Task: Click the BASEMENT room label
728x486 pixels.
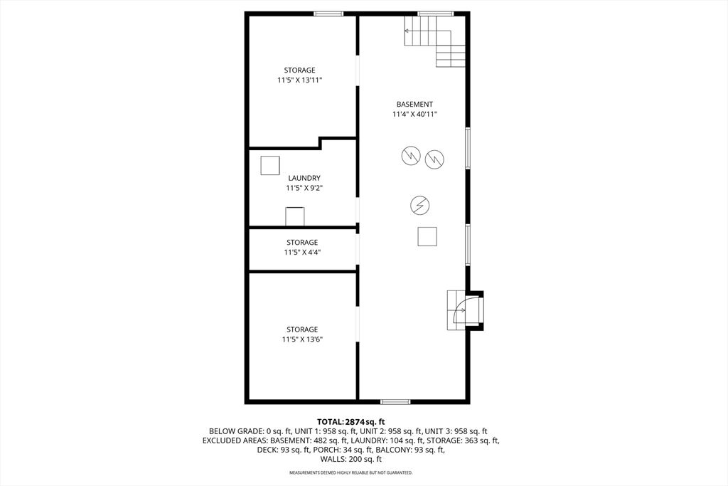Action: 414,105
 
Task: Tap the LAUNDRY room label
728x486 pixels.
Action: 304,178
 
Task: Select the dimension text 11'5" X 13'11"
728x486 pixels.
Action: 299,80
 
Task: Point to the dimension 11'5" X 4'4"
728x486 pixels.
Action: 301,253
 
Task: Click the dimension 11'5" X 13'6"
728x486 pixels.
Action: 302,339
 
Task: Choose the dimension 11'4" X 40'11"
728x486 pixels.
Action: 414,115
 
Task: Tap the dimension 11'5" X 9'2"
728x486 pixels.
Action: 304,188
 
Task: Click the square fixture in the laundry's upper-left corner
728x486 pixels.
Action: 269,165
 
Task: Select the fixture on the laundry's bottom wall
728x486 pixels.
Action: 294,216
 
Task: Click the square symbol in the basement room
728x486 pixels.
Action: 427,236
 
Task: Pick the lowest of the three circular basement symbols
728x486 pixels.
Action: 419,205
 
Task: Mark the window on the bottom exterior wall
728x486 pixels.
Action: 395,401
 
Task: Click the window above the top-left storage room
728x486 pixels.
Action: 328,14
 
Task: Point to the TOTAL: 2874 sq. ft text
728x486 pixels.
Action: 351,422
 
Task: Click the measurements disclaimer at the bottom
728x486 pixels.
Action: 351,473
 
